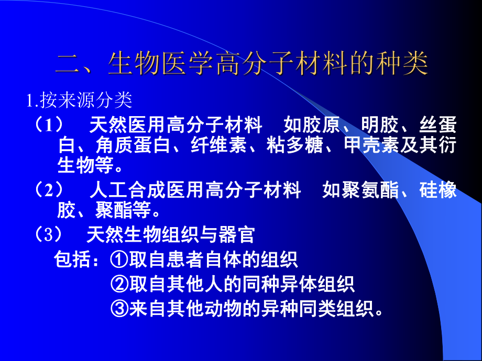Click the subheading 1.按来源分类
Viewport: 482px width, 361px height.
(79, 99)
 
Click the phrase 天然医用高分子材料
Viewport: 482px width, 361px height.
(176, 126)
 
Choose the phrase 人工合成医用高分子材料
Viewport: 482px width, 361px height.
(195, 190)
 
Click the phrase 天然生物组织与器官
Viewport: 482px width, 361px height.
(170, 235)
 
